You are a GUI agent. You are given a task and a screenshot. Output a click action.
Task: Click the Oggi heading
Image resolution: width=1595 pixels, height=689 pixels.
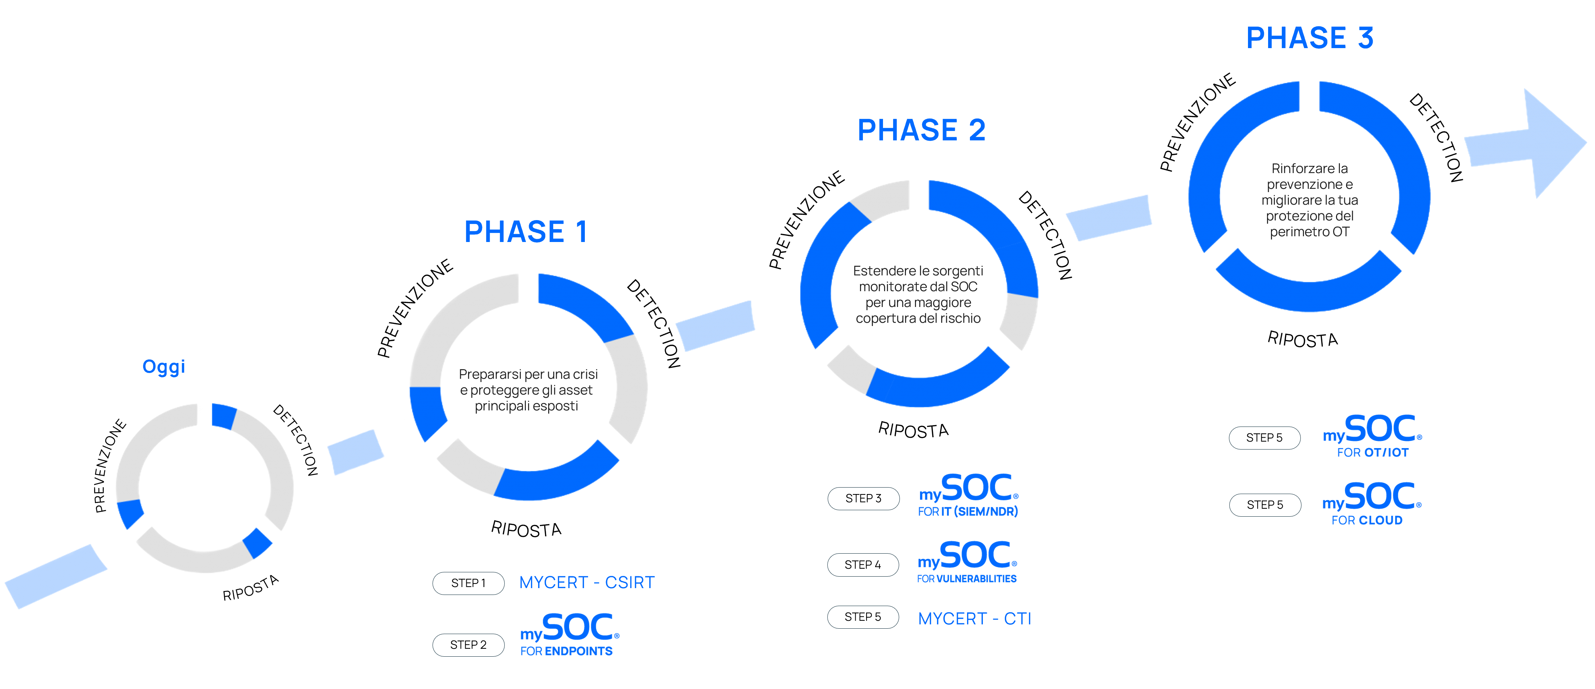click(163, 367)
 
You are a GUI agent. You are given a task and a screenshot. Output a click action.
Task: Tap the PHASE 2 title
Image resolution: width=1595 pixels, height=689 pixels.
click(921, 130)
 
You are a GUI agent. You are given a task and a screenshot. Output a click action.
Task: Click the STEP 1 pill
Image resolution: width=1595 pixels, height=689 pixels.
click(468, 583)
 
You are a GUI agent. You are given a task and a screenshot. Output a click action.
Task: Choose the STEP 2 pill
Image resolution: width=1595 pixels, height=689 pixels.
click(468, 644)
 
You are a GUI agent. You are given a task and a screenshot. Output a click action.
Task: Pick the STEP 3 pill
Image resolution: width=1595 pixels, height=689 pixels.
click(863, 498)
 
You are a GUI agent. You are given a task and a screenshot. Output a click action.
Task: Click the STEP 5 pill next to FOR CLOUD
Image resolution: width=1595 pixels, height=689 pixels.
click(1265, 504)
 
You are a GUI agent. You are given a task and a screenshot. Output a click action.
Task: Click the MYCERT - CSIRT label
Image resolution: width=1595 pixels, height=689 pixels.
click(586, 582)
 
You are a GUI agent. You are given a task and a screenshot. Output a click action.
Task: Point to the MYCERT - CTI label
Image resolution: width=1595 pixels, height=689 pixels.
click(974, 618)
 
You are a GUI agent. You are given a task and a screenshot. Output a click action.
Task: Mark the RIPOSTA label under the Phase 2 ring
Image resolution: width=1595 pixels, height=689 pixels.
click(913, 430)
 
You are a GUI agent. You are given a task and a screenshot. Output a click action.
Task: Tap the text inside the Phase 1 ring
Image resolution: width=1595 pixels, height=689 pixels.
click(528, 390)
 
